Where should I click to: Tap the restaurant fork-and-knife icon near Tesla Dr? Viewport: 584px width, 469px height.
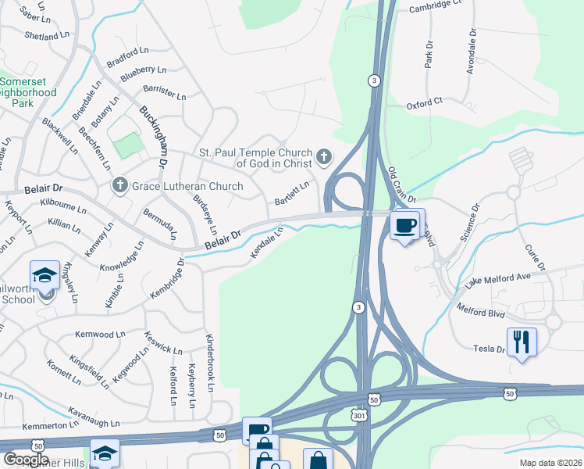coord(522,342)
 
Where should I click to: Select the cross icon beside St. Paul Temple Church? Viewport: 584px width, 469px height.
coord(324,158)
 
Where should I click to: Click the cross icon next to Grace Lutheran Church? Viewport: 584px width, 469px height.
coord(119,186)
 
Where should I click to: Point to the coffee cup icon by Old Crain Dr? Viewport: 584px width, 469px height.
coord(404,227)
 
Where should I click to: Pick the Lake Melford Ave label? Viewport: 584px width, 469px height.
coord(497,280)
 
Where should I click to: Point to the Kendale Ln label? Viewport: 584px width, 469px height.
coord(265,244)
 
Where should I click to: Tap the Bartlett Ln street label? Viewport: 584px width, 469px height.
coord(291,194)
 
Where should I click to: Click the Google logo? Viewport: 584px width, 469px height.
coord(26,460)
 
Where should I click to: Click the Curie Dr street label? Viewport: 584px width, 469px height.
coord(534,257)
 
